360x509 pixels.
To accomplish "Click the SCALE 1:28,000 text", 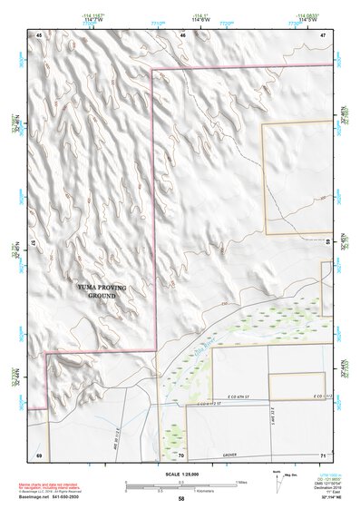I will tap(180, 472).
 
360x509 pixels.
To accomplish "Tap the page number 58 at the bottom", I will tap(180, 499).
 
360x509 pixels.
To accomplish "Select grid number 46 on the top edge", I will tap(183, 34).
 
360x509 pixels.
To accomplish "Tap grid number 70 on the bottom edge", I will tap(181, 455).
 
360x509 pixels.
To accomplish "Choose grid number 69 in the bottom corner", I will tap(39, 455).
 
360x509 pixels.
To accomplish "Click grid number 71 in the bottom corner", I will tap(323, 455).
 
